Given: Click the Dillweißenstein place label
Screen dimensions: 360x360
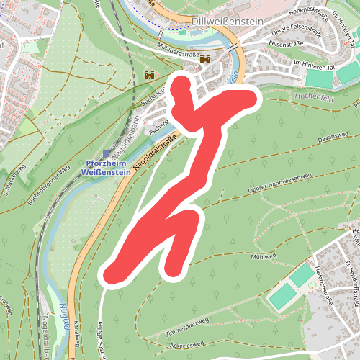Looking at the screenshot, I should coord(228,22).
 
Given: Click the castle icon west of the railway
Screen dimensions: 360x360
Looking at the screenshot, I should coord(150,74).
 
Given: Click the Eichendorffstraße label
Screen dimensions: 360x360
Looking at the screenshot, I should coord(348,281).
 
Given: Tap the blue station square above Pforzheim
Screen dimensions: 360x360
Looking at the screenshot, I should coord(107,153).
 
